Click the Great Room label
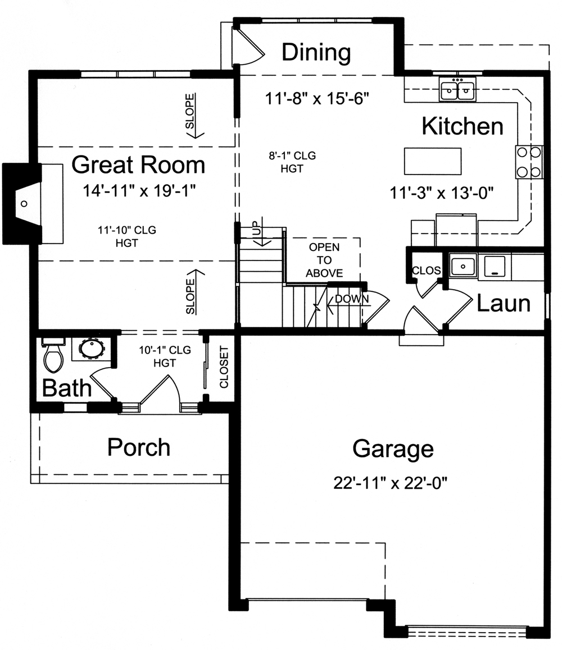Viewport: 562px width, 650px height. coord(138,165)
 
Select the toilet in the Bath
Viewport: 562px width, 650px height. coord(53,357)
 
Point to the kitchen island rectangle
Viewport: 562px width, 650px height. coord(432,162)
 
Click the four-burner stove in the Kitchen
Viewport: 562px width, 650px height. coord(529,162)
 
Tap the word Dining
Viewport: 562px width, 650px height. coord(316,53)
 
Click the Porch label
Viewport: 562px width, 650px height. coord(139,447)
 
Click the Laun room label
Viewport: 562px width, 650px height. coord(504,303)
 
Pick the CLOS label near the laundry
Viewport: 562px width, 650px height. coord(427,271)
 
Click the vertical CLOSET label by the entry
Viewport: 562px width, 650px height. coord(224,368)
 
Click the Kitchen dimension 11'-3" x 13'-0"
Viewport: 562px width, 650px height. coord(441,194)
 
